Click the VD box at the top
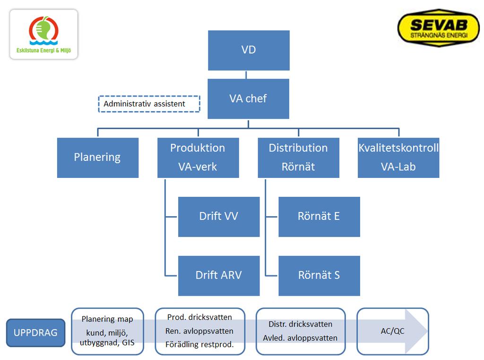pyautogui.click(x=249, y=50)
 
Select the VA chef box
pyautogui.click(x=249, y=98)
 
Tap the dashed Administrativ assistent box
pyautogui.click(x=149, y=104)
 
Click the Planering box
pyautogui.click(x=98, y=158)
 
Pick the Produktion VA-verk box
pyautogui.click(x=198, y=158)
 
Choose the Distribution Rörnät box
pyautogui.click(x=299, y=158)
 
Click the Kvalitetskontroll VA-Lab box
pyautogui.click(x=398, y=158)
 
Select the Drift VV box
pyautogui.click(x=219, y=217)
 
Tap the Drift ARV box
pyautogui.click(x=219, y=276)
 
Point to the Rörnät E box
pyautogui.click(x=319, y=217)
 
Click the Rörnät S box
pyautogui.click(x=319, y=276)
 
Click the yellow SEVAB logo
pyautogui.click(x=439, y=28)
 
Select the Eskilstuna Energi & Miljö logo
pyautogui.click(x=44, y=35)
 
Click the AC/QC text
pyautogui.click(x=392, y=331)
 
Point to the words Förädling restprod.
pyautogui.click(x=199, y=344)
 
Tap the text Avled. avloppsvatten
pyautogui.click(x=300, y=338)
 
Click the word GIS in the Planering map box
pyautogui.click(x=128, y=342)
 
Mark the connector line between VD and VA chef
pyautogui.click(x=246, y=74)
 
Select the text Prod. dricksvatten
pyautogui.click(x=199, y=317)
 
